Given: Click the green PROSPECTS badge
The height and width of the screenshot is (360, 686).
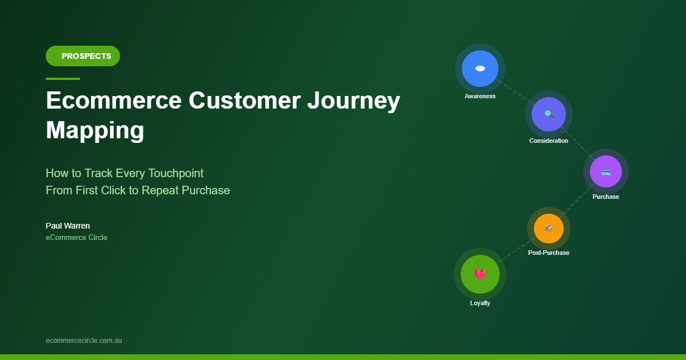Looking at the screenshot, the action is point(83,56).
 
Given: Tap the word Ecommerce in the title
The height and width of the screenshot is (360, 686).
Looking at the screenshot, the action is point(114,101).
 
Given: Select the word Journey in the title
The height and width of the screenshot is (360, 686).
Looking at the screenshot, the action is point(354,102).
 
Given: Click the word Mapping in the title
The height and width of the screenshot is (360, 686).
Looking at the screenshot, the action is point(95,131).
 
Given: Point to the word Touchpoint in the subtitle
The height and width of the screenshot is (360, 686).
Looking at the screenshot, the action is point(176,174).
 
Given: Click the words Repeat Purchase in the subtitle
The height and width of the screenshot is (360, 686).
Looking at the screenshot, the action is point(186,191).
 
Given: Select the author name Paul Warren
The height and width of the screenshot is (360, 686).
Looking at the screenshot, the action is point(67,226).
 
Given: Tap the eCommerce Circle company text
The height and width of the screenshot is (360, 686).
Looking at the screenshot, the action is point(76,238).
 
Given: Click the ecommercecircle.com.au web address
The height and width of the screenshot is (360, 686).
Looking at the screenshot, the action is point(83,341).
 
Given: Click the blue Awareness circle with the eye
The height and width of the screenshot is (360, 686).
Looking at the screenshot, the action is point(480,69).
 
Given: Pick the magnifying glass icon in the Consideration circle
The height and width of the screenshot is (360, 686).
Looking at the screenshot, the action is point(548,114).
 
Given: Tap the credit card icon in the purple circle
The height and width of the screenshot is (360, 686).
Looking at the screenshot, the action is point(606,173).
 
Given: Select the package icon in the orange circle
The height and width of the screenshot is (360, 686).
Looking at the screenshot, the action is point(548,229).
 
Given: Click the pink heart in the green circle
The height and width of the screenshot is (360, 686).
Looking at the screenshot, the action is point(480,274).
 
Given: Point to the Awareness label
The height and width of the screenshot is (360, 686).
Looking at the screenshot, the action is point(480,96).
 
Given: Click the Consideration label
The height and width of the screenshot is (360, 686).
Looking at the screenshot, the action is point(548,141).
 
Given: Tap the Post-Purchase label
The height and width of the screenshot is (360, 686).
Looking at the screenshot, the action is point(548,253).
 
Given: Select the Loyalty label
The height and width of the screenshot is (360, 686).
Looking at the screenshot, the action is point(480,303).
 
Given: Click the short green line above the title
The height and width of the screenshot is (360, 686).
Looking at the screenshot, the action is point(63,79).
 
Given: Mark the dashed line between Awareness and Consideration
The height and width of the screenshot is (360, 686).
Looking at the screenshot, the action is point(515,92).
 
